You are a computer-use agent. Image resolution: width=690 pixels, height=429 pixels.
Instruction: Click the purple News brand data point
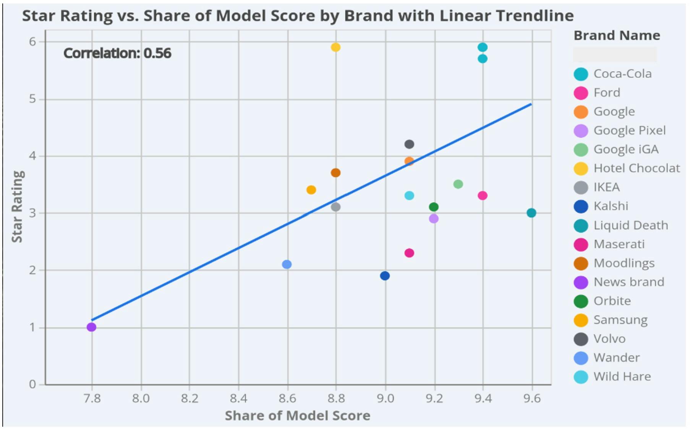[91, 327]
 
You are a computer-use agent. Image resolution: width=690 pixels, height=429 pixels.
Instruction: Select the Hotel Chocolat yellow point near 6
[335, 47]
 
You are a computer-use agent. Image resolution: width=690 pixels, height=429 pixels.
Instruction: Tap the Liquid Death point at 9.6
[531, 213]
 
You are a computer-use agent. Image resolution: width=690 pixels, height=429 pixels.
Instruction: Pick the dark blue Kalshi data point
[385, 276]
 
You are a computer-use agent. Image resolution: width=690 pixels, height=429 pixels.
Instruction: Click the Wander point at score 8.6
[287, 264]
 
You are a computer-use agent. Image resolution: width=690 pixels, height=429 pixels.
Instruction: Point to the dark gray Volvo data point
[409, 144]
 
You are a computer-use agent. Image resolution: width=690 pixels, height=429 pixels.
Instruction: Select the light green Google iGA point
[458, 184]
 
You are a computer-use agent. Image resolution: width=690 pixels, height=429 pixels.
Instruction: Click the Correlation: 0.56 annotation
[117, 53]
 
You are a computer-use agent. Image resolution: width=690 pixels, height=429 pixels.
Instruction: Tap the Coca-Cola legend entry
[622, 74]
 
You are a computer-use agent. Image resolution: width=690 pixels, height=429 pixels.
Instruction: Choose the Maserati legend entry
[619, 244]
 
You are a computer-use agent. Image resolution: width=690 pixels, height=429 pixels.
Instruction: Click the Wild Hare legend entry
[622, 377]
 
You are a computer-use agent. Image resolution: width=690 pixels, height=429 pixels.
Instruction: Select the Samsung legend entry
[620, 320]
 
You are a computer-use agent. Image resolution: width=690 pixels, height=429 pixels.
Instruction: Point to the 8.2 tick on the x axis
[190, 398]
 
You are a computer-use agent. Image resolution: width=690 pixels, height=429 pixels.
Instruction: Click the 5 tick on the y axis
[32, 99]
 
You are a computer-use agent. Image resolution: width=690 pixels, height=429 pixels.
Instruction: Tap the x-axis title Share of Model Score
[297, 416]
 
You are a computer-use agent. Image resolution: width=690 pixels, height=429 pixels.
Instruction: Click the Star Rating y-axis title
[17, 206]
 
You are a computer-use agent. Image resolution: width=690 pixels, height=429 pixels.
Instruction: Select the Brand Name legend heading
[617, 36]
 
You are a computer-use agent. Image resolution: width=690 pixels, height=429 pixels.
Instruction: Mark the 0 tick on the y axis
[32, 384]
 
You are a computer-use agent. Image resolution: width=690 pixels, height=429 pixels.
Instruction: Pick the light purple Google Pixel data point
[434, 219]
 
